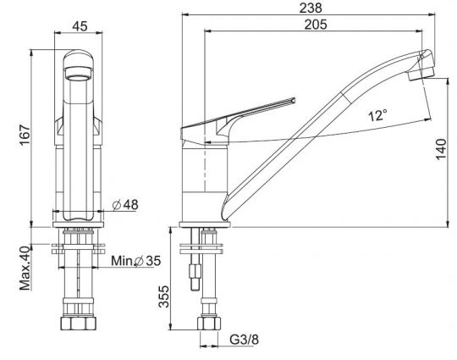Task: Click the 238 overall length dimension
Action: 311,8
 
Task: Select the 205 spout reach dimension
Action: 316,25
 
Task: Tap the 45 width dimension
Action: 80,26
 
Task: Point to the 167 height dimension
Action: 25,135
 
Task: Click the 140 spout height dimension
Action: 441,149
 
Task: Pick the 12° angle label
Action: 377,115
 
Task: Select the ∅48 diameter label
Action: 125,205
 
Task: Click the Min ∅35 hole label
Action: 135,261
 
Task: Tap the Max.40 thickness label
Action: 25,268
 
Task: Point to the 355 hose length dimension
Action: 164,296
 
